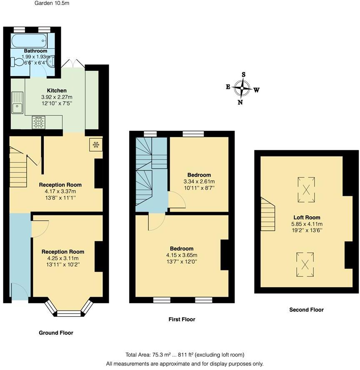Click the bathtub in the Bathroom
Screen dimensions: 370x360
tap(30, 41)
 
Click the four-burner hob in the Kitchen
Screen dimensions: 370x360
tap(39, 122)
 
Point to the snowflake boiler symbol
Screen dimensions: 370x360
tap(95, 145)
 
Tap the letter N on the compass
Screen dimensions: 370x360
tap(240, 102)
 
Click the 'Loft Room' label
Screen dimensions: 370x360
tap(307, 217)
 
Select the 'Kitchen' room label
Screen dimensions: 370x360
tap(57, 90)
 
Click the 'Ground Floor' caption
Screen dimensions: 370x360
tap(56, 332)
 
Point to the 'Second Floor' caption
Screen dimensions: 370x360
tap(306, 310)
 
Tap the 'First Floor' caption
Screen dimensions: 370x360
tap(182, 319)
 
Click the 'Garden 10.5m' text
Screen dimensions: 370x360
tap(52, 3)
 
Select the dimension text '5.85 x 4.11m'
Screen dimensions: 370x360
tap(307, 223)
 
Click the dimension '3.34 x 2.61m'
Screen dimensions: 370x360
tap(199, 181)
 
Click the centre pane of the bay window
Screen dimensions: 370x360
tap(69, 313)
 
